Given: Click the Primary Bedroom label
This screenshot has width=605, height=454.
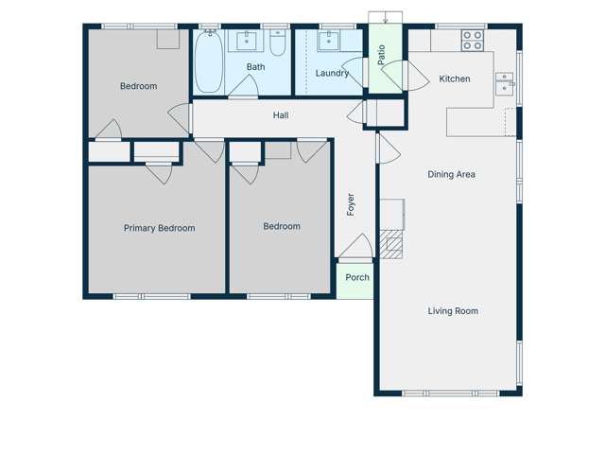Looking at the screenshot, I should pos(159,228).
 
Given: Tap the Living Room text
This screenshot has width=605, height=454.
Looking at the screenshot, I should pos(453,311).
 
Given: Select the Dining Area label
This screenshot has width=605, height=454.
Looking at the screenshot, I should pos(451,174).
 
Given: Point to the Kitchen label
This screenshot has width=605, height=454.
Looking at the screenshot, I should pos(455,79).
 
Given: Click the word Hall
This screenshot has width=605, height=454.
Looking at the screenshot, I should pos(281,115).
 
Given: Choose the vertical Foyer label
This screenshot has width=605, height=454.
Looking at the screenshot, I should pos(351,204).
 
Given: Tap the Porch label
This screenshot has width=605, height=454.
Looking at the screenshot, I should pos(357,277).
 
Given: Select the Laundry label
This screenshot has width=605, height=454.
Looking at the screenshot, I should pos(332,73).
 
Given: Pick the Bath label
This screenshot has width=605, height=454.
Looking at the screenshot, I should pos(256,67).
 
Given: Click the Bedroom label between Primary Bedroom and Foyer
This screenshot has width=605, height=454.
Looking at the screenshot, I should pos(282,226).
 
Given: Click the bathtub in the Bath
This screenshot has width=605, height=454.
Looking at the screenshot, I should pos(209,61).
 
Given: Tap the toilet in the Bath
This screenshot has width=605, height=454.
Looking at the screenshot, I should pos(277,44).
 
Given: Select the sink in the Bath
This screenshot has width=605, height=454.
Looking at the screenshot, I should pos(250,40).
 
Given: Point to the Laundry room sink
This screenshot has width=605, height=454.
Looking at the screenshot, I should pos(330,40).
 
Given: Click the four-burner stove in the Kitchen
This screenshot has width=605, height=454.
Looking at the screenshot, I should pos(472,41).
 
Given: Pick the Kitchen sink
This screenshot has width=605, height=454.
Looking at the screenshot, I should pos(505,85).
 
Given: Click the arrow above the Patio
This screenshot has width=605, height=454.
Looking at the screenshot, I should pos(386,19).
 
